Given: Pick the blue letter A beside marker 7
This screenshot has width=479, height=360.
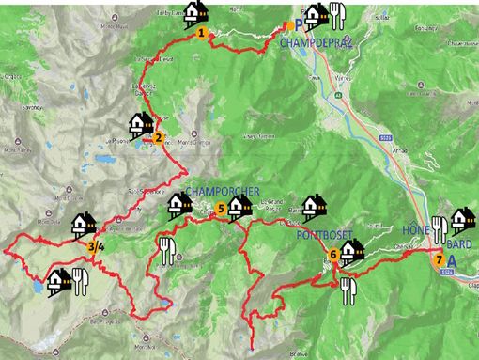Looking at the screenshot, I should click(x=453, y=262).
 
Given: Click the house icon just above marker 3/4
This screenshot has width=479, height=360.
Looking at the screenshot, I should click(x=85, y=225).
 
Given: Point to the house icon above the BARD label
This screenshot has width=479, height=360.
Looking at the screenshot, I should click(x=462, y=220).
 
